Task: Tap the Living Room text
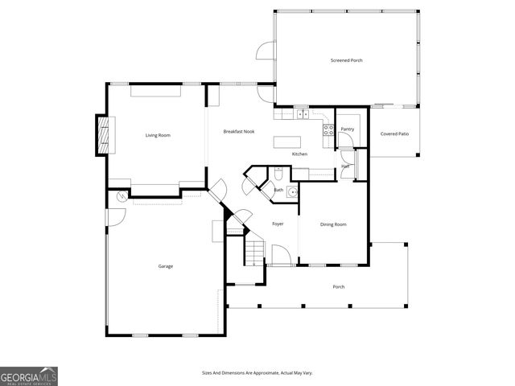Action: point(158,135)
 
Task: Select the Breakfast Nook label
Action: point(239,131)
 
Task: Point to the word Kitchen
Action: point(299,154)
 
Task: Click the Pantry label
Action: point(347,129)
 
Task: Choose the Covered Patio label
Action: point(394,133)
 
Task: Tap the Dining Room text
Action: point(333,224)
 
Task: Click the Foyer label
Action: point(278,224)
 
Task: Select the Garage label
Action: point(165,266)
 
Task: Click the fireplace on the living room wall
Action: point(102,134)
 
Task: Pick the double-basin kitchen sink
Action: point(303,114)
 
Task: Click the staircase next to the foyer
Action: point(254,253)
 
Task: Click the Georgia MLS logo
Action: point(29,376)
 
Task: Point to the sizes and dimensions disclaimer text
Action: point(257,373)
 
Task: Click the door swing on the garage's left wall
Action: point(115,217)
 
